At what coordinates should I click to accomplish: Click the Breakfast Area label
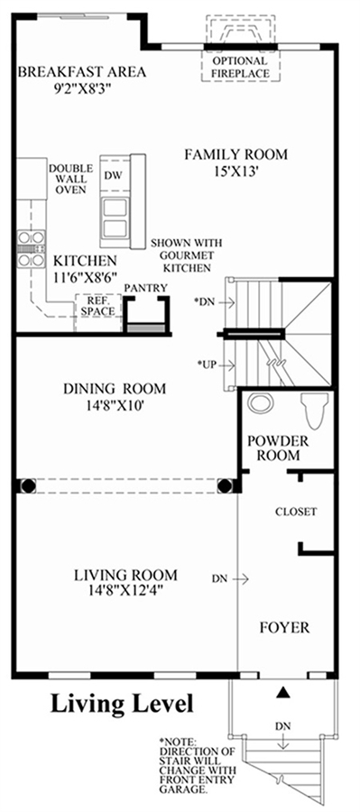click(x=82, y=71)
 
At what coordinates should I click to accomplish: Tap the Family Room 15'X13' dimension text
click(x=236, y=171)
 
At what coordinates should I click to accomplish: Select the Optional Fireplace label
click(x=240, y=68)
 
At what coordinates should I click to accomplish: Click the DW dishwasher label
click(x=113, y=176)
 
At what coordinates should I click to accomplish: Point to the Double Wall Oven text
click(x=71, y=179)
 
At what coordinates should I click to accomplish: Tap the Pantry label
click(x=145, y=288)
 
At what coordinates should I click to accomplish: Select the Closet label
click(x=296, y=512)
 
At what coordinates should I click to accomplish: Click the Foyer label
click(x=284, y=628)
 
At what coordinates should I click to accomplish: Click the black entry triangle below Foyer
click(x=282, y=692)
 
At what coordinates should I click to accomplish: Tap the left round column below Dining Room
click(x=28, y=485)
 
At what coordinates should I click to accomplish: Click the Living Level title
click(x=122, y=703)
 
